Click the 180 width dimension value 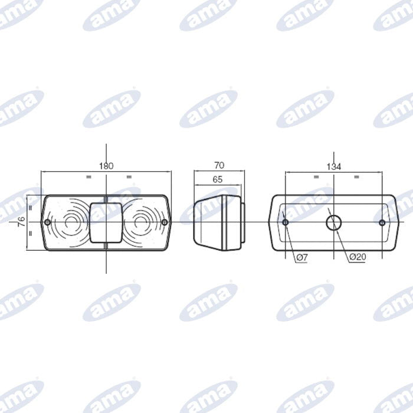pos(106,166)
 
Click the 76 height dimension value pos(21,222)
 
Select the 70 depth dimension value pos(218,166)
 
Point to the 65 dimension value pos(217,179)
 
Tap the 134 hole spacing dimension pos(334,167)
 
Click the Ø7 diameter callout pos(301,257)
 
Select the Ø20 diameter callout pos(358,257)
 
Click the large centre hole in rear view pos(334,222)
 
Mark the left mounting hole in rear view pos(286,222)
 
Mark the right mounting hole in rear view pos(382,222)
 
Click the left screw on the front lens pos(47,222)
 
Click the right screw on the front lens pos(165,222)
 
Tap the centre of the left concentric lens pos(73,222)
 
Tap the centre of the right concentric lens pos(140,222)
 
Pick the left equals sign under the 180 pos(88,176)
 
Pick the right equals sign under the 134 pos(356,176)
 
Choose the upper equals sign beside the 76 pos(29,207)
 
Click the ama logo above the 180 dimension pos(112,109)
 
